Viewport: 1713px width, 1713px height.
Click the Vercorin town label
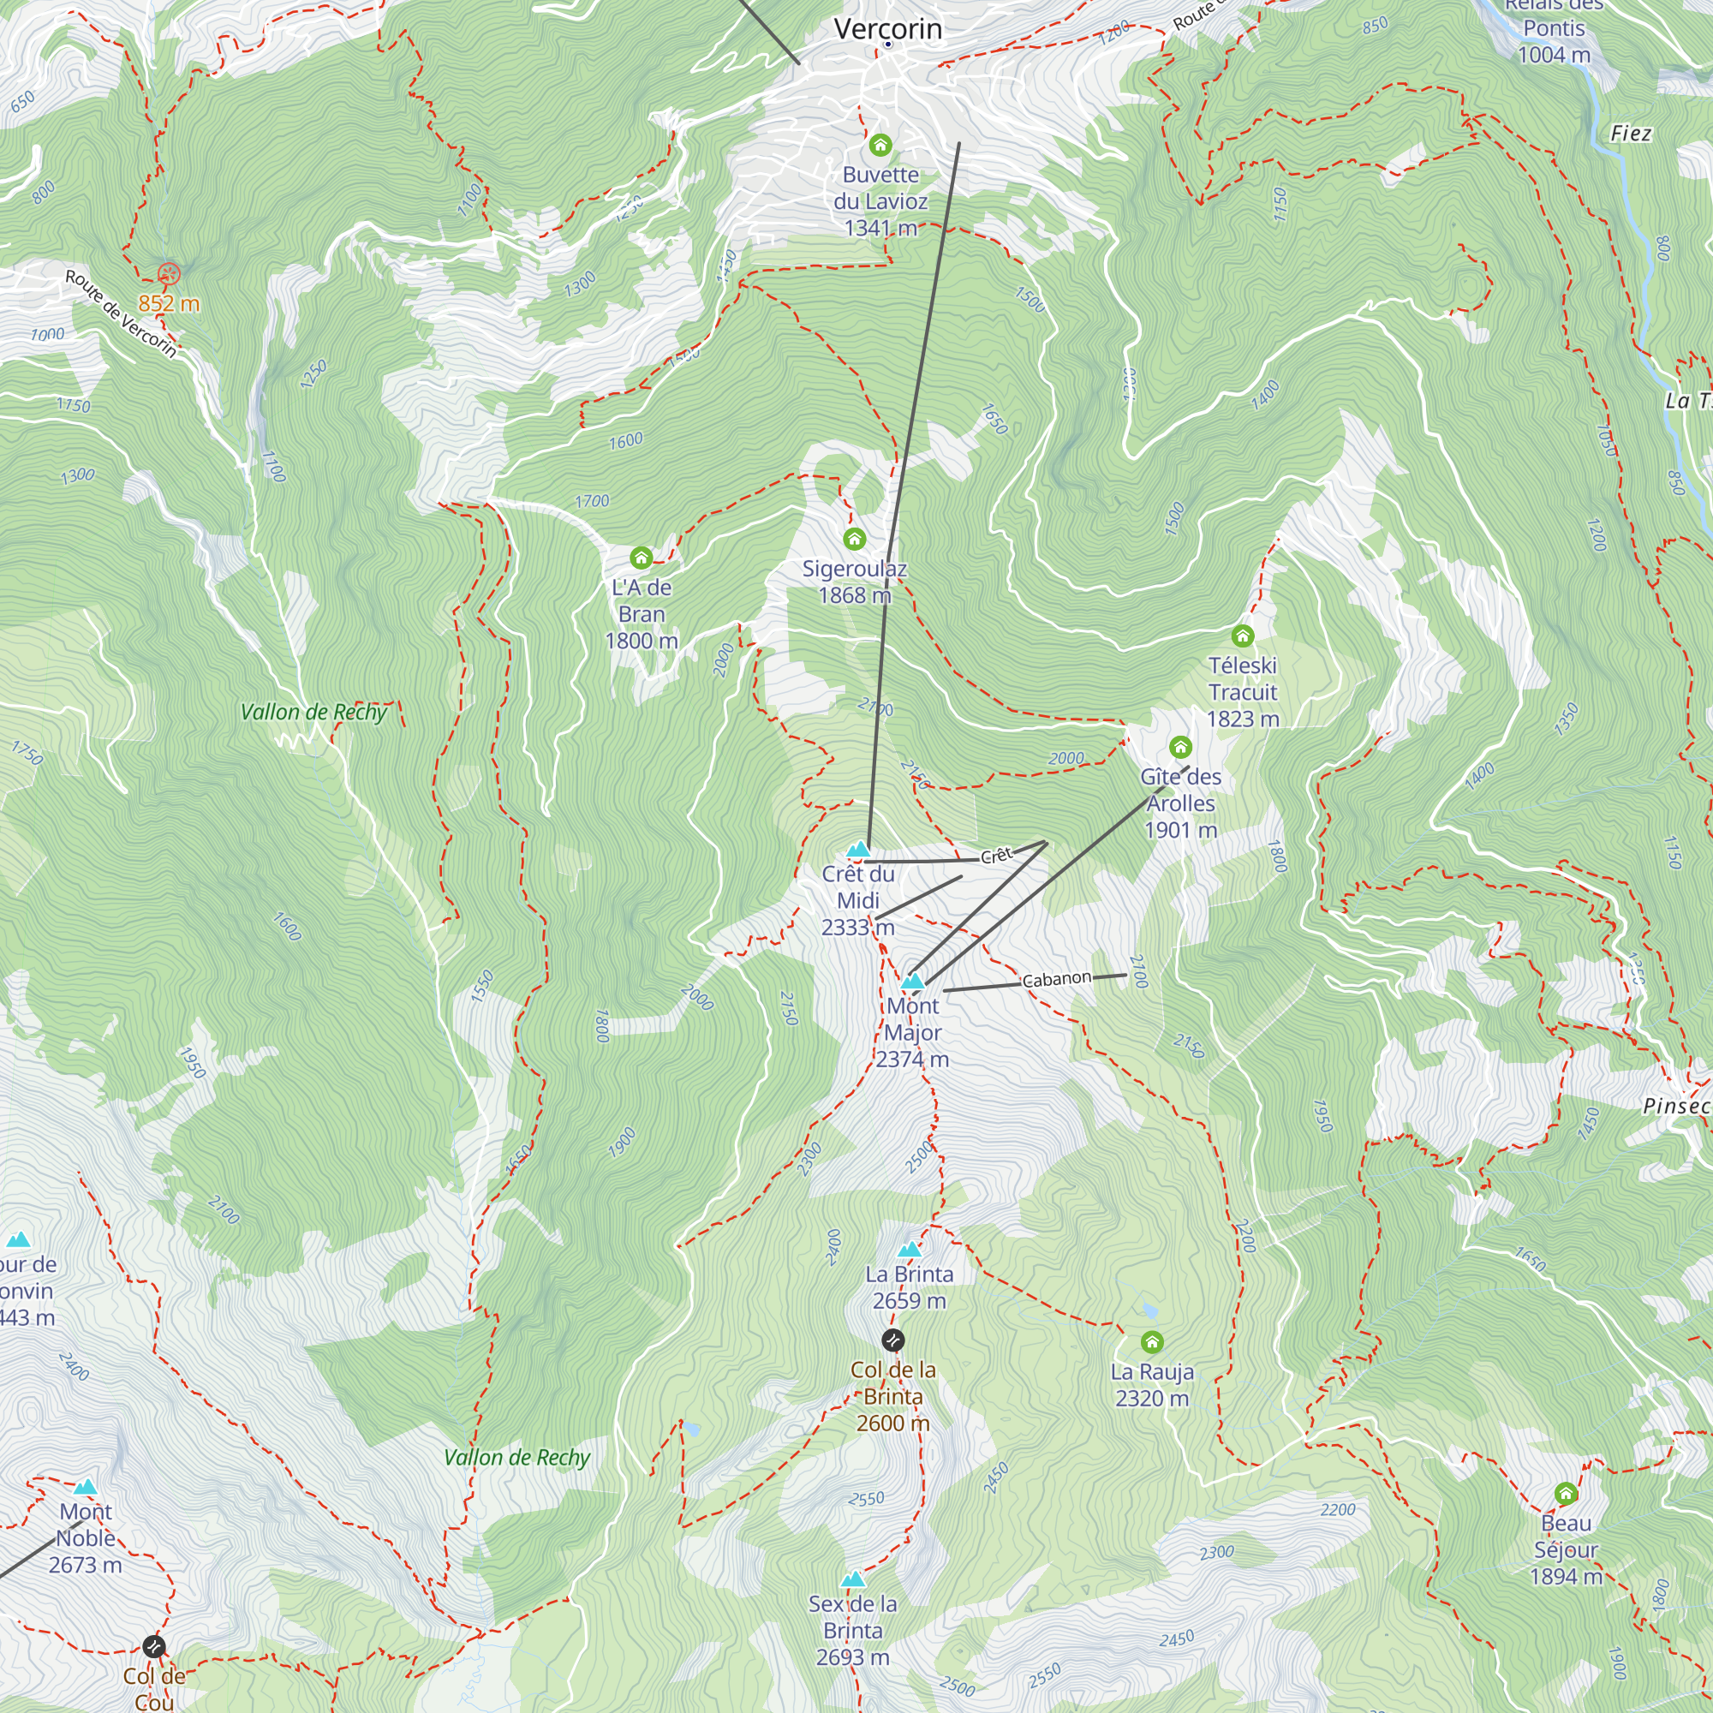coord(887,29)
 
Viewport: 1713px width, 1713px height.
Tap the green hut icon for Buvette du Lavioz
coord(880,145)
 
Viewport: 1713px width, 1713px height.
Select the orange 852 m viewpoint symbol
coord(169,274)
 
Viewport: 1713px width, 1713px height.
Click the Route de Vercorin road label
coord(121,313)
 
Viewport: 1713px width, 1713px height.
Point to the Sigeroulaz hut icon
coord(854,539)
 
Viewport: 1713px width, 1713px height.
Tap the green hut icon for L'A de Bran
coord(641,558)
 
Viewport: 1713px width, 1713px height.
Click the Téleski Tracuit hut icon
coord(1242,636)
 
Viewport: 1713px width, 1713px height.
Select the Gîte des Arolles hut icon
coord(1180,747)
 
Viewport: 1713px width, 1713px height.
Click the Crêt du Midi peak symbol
coord(857,851)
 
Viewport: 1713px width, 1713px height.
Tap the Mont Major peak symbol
coord(912,982)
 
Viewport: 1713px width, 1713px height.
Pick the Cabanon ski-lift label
coord(1056,980)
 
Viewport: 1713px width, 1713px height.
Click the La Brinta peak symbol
coord(909,1250)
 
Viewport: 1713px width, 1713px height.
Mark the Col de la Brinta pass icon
coord(892,1340)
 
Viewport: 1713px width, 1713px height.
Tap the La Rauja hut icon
coord(1152,1341)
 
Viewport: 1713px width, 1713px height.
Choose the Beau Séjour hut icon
coord(1566,1494)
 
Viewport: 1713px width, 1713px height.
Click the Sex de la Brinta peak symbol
coord(852,1580)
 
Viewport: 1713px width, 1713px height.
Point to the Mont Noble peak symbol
coord(85,1488)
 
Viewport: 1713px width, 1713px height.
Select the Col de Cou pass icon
coord(153,1646)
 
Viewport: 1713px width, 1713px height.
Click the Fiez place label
coord(1630,134)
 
